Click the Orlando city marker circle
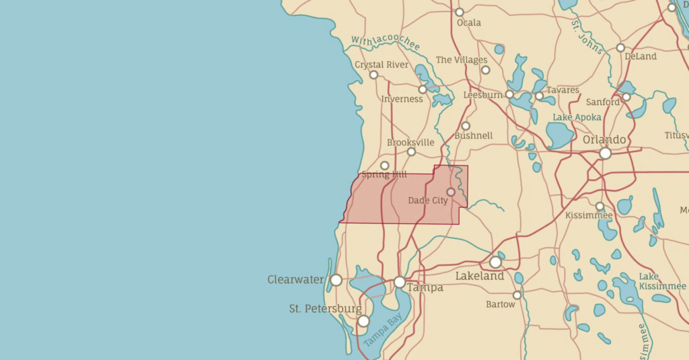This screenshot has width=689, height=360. (605, 153)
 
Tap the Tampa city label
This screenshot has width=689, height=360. (425, 288)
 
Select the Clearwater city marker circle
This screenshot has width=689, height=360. (336, 280)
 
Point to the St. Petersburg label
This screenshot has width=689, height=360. (325, 309)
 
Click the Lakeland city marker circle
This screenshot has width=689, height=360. (495, 262)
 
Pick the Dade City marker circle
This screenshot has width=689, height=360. (451, 192)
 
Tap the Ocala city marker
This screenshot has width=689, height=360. (460, 12)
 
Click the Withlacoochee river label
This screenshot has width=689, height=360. (386, 43)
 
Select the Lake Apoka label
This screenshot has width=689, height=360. (577, 117)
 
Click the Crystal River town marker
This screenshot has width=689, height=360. (373, 75)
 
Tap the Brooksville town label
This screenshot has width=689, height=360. (410, 143)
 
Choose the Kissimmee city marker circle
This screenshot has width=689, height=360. (600, 207)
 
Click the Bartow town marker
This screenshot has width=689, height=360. (517, 295)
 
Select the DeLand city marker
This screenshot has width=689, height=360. (620, 48)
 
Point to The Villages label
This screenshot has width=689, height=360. (461, 60)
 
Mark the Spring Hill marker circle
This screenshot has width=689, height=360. (385, 166)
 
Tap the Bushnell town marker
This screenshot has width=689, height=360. (466, 126)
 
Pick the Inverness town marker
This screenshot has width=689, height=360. (423, 89)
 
